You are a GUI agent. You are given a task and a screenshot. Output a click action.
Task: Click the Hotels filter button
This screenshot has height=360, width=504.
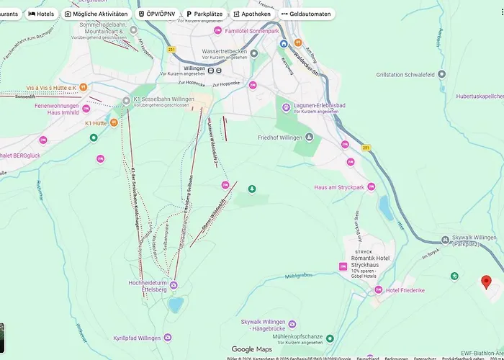(41, 14)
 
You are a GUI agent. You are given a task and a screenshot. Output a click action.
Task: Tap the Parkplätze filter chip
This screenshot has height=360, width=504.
(203, 14)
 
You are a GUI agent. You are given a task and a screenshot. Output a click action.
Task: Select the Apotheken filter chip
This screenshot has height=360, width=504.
(252, 14)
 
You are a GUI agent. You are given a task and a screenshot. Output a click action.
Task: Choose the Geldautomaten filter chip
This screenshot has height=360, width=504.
(306, 14)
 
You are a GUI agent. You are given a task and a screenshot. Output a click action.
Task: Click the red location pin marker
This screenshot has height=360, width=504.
(486, 282)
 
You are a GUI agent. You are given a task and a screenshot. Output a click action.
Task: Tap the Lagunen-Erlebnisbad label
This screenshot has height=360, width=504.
(319, 106)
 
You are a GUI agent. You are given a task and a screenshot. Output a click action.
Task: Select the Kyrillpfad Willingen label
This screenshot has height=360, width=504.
(137, 338)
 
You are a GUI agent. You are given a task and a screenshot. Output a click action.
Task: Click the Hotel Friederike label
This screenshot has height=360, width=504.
(405, 290)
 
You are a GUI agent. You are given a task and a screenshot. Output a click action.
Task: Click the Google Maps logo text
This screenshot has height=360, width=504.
(251, 349)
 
